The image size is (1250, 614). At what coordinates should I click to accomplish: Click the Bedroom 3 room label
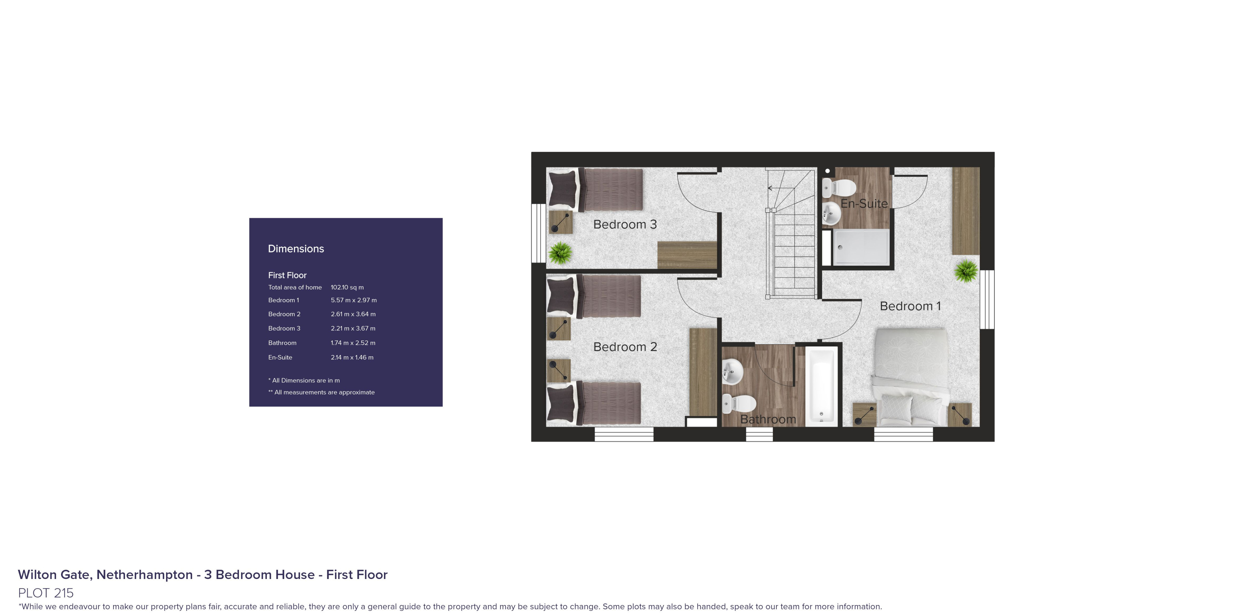click(625, 224)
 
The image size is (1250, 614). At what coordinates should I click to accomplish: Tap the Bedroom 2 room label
click(625, 347)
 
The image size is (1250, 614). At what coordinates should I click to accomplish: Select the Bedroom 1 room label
click(910, 306)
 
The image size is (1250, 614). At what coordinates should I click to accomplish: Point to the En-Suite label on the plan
click(864, 204)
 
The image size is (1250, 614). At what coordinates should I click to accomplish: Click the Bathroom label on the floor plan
click(768, 419)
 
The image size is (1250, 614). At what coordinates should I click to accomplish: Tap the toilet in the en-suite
click(839, 187)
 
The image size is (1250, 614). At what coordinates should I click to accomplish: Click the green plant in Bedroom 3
click(560, 252)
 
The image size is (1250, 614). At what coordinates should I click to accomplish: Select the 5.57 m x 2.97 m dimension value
click(354, 300)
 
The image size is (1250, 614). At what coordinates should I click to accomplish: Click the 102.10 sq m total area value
click(347, 287)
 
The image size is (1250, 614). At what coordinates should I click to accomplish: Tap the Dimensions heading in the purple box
click(296, 249)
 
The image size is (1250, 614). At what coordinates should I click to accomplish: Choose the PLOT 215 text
click(46, 593)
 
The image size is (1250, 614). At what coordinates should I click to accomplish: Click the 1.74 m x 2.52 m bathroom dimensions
click(353, 343)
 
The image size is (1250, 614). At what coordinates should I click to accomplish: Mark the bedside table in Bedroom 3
click(560, 222)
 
